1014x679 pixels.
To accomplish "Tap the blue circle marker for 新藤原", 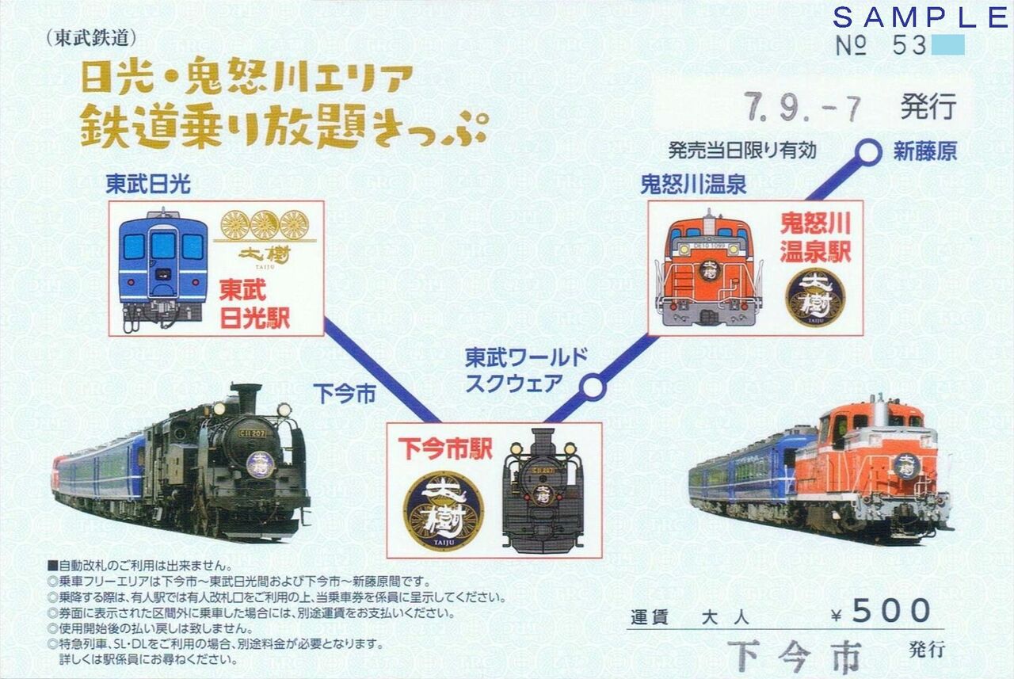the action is pos(867,152).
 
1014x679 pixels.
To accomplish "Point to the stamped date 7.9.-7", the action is pos(802,108).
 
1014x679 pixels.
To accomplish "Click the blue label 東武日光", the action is pos(148,185).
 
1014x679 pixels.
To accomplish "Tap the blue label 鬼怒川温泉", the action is pos(693,185).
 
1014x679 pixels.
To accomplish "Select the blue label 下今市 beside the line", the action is pos(345,393).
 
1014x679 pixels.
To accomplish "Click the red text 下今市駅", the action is pos(445,448).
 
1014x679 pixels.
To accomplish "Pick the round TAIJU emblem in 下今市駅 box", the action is pos(444,511).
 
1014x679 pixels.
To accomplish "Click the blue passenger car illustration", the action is pos(162,269).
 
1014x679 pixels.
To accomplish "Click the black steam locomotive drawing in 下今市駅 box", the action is pos(543,490).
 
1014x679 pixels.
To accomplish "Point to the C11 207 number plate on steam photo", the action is pos(253,433).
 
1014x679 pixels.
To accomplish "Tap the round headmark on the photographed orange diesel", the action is pos(906,466).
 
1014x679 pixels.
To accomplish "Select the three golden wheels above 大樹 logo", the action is pos(265,224).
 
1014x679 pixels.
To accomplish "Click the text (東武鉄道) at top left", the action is pos(91,39).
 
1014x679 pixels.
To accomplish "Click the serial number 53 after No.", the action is pos(909,45).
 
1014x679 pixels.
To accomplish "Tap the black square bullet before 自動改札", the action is pos(53,566).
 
